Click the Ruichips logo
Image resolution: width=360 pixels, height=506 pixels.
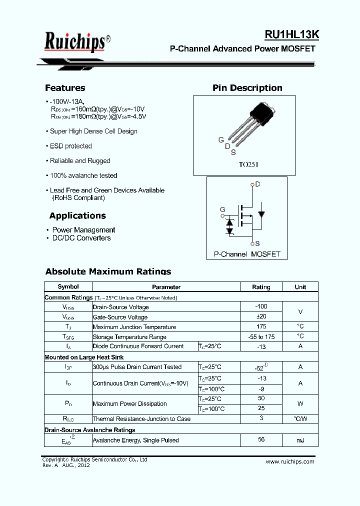pyautogui.click(x=75, y=42)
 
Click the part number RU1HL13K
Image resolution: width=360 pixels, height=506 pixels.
pyautogui.click(x=291, y=34)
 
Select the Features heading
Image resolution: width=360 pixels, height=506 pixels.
pyautogui.click(x=65, y=88)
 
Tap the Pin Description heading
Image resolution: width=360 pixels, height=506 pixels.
pyautogui.click(x=247, y=88)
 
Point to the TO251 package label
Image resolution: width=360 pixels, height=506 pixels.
pyautogui.click(x=248, y=164)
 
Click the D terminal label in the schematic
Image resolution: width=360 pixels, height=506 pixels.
pyautogui.click(x=257, y=184)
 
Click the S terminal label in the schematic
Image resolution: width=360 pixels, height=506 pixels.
pyautogui.click(x=257, y=243)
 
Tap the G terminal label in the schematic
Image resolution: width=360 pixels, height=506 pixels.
pyautogui.click(x=222, y=209)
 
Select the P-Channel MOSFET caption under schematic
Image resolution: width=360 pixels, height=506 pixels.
pyautogui.click(x=247, y=254)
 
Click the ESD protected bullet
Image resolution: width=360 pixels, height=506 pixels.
pyautogui.click(x=70, y=146)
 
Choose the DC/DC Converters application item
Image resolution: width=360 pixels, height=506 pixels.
pyautogui.click(x=81, y=238)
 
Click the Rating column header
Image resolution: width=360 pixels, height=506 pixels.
pyautogui.click(x=261, y=287)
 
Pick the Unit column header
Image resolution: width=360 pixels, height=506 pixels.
pyautogui.click(x=300, y=287)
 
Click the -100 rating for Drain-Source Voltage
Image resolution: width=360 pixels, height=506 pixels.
pyautogui.click(x=261, y=306)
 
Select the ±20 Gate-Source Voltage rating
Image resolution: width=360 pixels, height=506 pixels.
pyautogui.click(x=261, y=316)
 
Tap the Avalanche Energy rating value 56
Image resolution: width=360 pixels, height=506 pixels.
pyautogui.click(x=261, y=439)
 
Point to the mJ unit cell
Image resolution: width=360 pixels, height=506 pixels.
pyautogui.click(x=300, y=440)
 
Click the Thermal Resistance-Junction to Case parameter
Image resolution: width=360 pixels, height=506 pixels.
pyautogui.click(x=141, y=419)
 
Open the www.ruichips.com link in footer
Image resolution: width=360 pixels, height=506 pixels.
pyautogui.click(x=290, y=461)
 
